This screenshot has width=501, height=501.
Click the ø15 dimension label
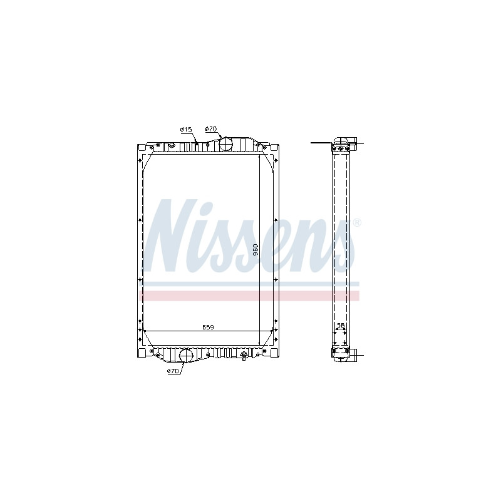[x=185, y=130]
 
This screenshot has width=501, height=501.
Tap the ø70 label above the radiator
[x=211, y=129]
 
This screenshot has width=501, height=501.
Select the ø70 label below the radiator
[x=173, y=371]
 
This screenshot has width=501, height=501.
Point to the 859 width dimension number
[x=208, y=327]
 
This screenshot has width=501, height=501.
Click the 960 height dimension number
[x=256, y=249]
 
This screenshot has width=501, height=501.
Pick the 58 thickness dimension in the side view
[x=341, y=325]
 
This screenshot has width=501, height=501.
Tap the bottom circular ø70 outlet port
[x=185, y=356]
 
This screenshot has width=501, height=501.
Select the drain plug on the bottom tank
[x=244, y=355]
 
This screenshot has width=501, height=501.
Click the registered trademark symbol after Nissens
[x=357, y=222]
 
